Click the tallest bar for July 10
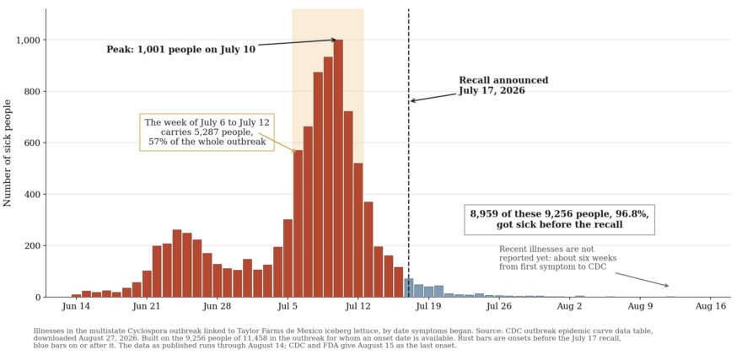coord(338,169)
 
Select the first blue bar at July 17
coord(409,287)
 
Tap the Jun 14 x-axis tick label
coord(76,307)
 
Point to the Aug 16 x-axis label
coord(710,307)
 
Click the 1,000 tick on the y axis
coord(29,40)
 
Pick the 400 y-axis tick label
coord(32,195)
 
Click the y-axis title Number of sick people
coord(8,153)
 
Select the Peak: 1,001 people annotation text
coord(180,50)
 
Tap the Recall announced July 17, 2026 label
coord(503,86)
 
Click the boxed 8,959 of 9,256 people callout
coord(559,219)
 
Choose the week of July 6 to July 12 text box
coord(207,132)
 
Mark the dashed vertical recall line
coord(409,153)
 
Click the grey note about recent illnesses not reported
coord(558,258)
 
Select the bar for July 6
coord(298,223)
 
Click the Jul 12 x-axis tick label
coord(358,307)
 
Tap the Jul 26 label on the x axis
coord(499,307)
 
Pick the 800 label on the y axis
coord(32,92)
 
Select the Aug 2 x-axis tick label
coord(570,307)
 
